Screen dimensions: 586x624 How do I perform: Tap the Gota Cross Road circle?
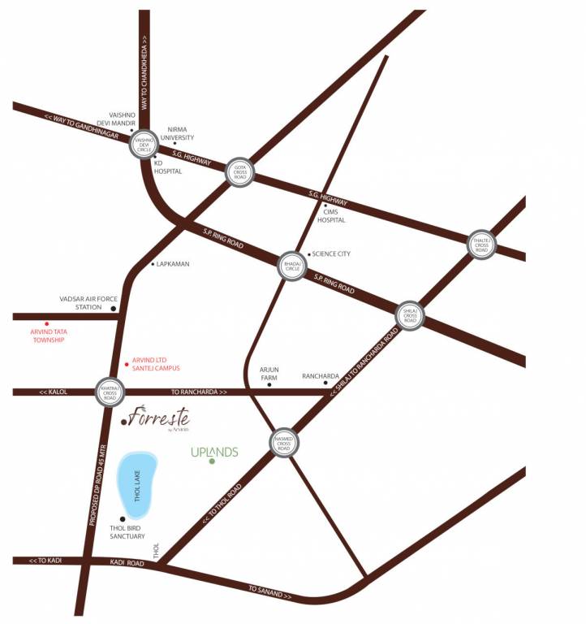tap(240, 173)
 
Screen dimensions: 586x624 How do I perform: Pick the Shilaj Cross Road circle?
tap(410, 314)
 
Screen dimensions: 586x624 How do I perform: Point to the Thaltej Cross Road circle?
tap(482, 242)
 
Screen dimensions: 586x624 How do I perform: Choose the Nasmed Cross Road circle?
tap(283, 444)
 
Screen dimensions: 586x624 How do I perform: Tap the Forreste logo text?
tap(157, 419)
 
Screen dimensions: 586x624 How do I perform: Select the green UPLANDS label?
tap(214, 451)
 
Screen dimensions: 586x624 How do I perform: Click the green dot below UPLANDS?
tap(212, 462)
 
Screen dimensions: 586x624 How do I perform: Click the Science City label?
tap(331, 254)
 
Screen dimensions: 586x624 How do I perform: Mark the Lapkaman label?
tap(175, 264)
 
